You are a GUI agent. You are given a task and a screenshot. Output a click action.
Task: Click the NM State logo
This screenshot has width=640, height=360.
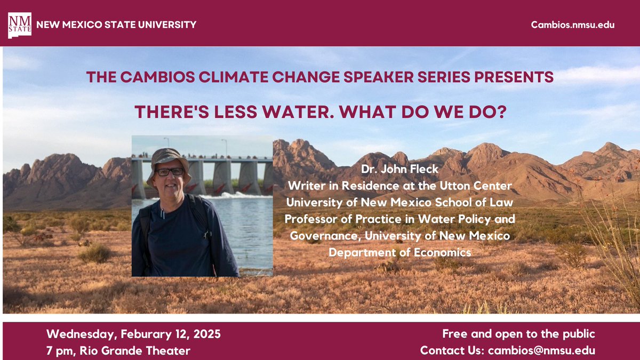tap(20, 25)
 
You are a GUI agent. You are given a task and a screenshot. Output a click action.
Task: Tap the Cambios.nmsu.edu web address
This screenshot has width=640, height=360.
tap(573, 25)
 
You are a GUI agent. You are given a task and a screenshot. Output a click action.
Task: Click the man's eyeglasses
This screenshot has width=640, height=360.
tap(170, 172)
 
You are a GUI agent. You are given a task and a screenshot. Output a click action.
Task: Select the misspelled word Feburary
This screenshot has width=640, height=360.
tap(142, 335)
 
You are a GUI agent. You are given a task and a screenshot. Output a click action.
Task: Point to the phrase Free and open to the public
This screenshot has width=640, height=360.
tap(518, 334)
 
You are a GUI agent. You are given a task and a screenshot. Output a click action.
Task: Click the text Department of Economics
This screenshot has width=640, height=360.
tap(400, 252)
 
